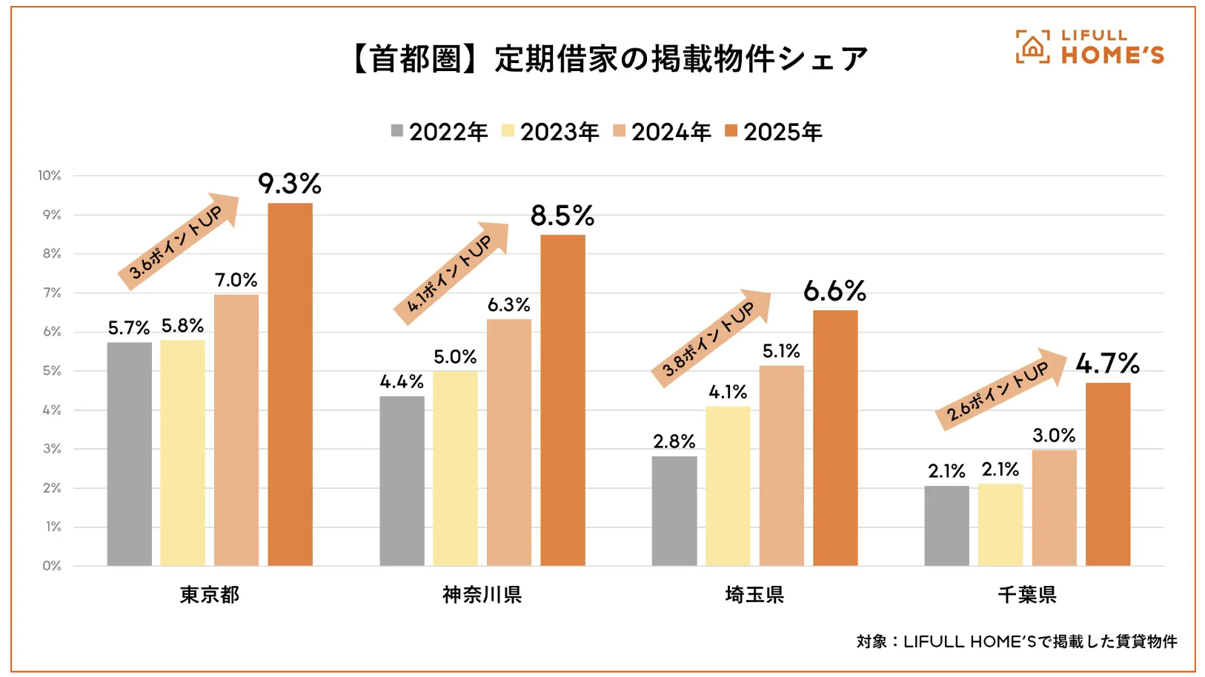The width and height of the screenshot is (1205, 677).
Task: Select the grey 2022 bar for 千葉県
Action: point(946,525)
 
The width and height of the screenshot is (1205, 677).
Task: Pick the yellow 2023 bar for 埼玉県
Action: point(727,485)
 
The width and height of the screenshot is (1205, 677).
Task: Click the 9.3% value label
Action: point(289,184)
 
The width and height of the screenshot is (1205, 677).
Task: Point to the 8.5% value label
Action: point(562,216)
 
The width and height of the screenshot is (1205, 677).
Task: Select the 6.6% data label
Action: point(834,291)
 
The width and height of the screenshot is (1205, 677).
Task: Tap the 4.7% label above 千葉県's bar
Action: point(1107,364)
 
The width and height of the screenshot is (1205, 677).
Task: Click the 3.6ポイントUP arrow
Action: point(179,241)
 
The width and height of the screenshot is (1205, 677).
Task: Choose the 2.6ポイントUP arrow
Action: point(1001,389)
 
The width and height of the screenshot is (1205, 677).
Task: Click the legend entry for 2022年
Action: point(439,132)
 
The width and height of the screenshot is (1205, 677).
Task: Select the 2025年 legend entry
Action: point(774,132)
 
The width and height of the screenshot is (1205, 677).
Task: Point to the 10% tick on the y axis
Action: point(50,176)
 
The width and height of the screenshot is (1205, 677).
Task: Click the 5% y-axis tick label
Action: point(51,370)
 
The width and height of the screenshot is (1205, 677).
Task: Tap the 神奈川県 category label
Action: point(482,595)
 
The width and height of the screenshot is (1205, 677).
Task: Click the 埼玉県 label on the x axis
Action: point(754,595)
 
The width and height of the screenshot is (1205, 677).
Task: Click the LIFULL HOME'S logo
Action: point(1089,47)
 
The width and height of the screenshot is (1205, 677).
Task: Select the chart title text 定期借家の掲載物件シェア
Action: point(681,59)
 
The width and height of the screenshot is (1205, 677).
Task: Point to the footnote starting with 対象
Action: point(1016,641)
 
